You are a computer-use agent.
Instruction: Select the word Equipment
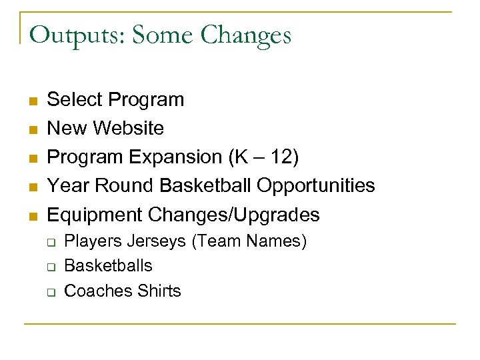[95, 215]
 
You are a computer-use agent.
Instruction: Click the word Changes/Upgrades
[234, 215]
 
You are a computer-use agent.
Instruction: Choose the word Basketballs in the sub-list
[108, 266]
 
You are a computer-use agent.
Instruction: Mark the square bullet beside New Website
[32, 129]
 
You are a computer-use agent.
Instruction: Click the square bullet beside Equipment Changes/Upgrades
[32, 216]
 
